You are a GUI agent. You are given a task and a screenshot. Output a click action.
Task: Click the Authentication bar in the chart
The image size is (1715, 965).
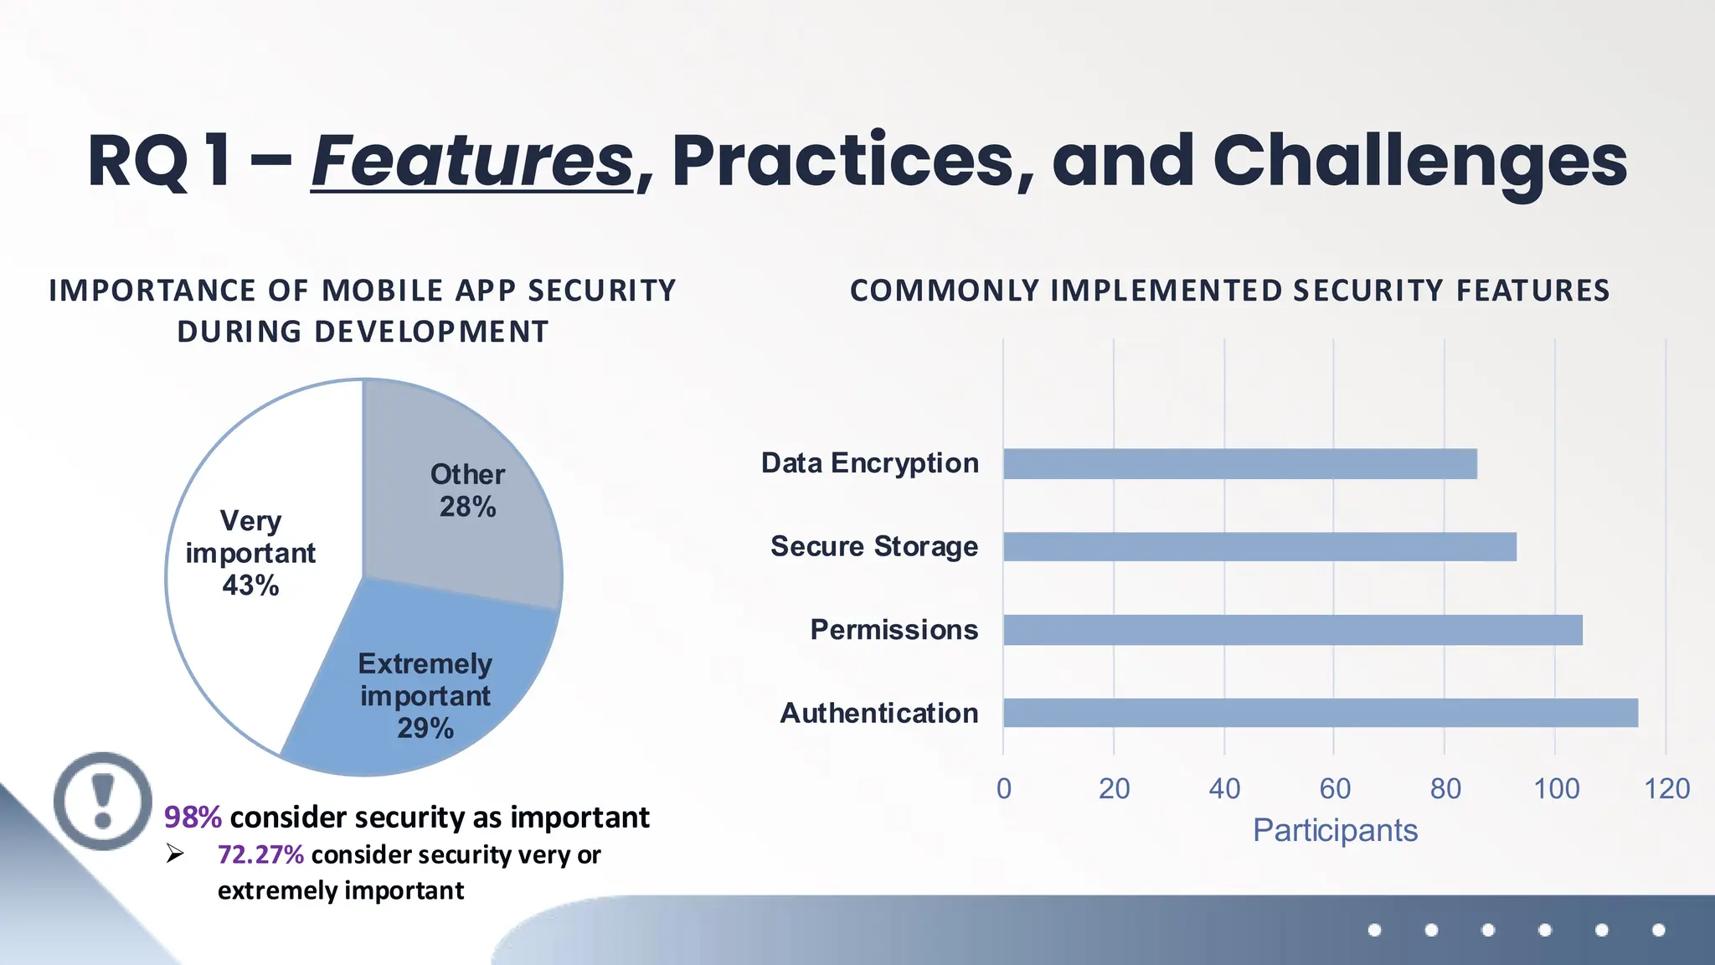(1320, 713)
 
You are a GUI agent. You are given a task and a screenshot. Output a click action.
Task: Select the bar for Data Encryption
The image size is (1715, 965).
(1239, 464)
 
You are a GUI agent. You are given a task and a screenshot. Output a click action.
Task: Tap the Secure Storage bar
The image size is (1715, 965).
(1259, 547)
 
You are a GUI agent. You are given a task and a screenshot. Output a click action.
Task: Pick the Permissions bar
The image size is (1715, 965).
(1292, 630)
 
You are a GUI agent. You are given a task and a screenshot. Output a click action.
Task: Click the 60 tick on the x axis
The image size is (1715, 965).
(1335, 788)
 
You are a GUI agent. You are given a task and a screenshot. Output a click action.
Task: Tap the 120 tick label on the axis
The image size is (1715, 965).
(1666, 788)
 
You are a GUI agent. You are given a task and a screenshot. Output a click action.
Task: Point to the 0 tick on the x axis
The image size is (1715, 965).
(1004, 788)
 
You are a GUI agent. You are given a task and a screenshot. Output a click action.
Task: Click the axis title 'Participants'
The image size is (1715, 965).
(1335, 830)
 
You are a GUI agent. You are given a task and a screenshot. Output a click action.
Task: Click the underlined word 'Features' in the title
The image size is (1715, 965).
(472, 161)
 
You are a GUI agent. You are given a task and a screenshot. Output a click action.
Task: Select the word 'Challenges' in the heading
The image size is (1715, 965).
(1419, 161)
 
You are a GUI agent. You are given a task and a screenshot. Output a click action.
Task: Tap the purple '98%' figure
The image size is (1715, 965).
(193, 817)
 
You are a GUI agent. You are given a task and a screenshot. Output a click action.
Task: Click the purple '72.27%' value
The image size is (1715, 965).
(260, 854)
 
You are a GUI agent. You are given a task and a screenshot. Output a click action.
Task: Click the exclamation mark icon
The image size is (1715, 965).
(103, 801)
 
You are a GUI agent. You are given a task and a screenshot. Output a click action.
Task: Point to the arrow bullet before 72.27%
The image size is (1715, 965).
(174, 854)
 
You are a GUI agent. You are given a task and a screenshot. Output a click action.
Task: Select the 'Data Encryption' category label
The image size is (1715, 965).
(869, 463)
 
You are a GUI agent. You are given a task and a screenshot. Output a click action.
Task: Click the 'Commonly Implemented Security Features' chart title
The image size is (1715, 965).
(1229, 291)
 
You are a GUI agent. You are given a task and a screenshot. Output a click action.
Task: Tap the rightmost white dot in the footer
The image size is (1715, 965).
(1658, 930)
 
